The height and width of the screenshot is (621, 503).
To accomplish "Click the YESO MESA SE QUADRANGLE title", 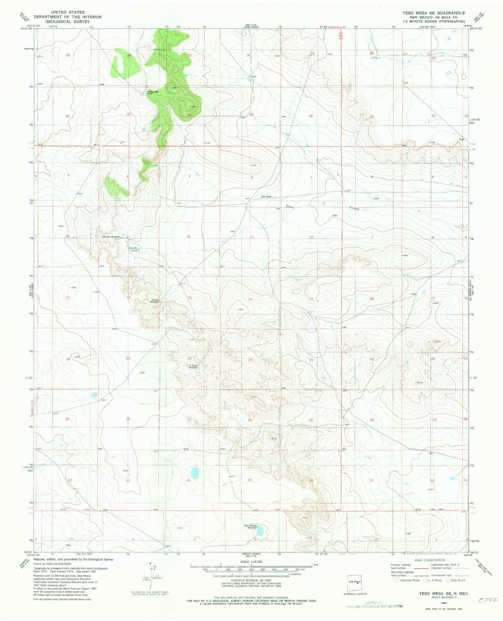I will tap(433, 13).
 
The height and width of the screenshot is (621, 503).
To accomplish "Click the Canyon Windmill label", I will tap(155, 301).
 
